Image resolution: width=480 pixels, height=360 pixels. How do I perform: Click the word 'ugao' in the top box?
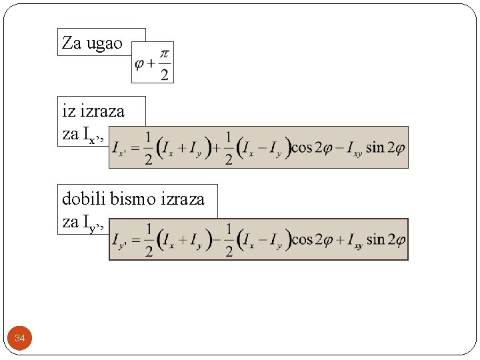coord(105,44)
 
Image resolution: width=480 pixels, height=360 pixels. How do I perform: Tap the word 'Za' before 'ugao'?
coord(71,43)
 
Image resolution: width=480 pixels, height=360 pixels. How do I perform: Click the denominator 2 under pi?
coord(165,73)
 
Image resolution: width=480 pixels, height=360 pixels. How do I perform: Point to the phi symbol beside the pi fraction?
coord(140,64)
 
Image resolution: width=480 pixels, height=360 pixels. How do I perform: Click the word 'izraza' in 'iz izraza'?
coord(103,111)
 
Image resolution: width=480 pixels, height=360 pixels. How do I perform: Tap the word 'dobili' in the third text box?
coord(83,199)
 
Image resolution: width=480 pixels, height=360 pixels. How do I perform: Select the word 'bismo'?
coord(131,199)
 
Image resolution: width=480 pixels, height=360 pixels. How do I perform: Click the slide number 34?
coord(20,339)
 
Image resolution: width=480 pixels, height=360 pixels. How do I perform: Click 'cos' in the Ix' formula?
coord(301,147)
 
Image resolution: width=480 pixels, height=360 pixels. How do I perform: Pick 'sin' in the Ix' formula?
coord(375,147)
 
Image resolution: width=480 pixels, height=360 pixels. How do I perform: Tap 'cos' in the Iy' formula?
coord(301,239)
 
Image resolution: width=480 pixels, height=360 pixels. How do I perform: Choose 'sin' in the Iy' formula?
coord(375,239)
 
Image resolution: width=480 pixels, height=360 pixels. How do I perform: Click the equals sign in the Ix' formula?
coord(135,147)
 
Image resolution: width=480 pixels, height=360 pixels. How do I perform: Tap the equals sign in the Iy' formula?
coord(135,239)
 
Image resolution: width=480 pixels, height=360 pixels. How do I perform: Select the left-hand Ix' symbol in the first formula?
coord(119,148)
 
